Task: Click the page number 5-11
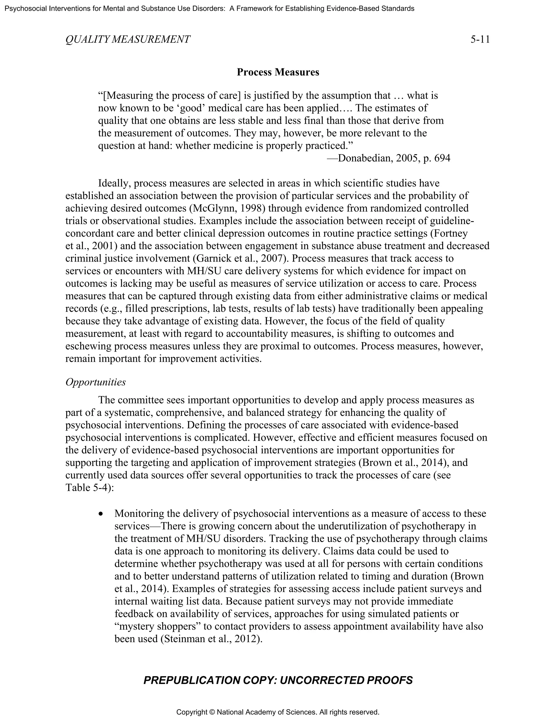[x=480, y=40]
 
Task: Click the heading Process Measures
[x=278, y=72]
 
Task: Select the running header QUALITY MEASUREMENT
[x=128, y=40]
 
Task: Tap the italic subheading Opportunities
[x=96, y=382]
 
